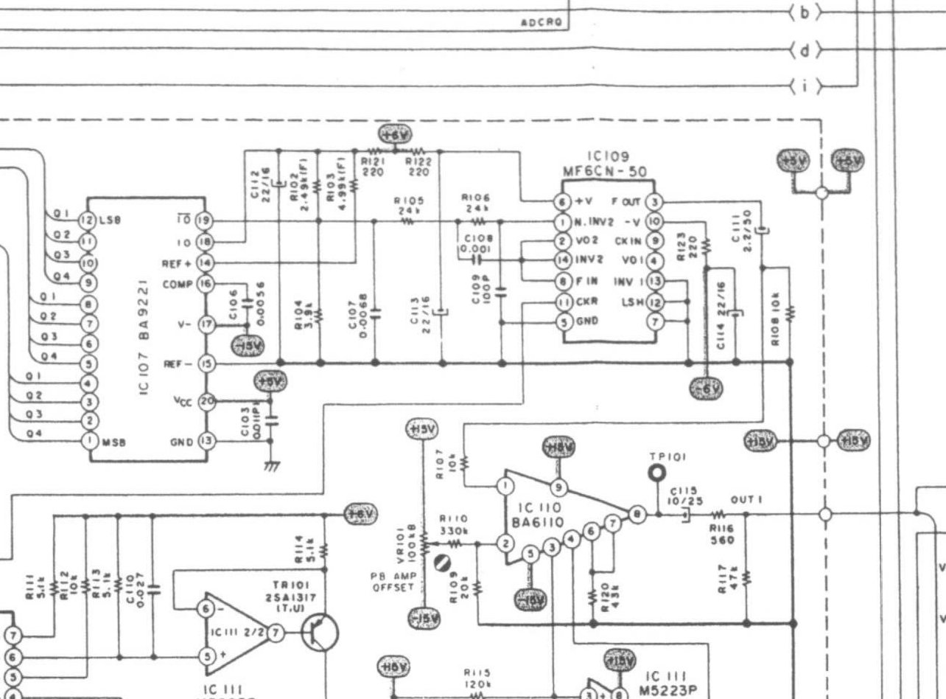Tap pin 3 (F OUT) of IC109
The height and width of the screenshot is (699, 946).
652,202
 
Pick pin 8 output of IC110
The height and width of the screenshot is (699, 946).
636,514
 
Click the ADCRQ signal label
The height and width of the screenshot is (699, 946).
541,23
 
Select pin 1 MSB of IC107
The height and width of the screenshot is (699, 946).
90,442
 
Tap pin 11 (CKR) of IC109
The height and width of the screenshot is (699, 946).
563,302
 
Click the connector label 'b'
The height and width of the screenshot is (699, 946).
805,13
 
